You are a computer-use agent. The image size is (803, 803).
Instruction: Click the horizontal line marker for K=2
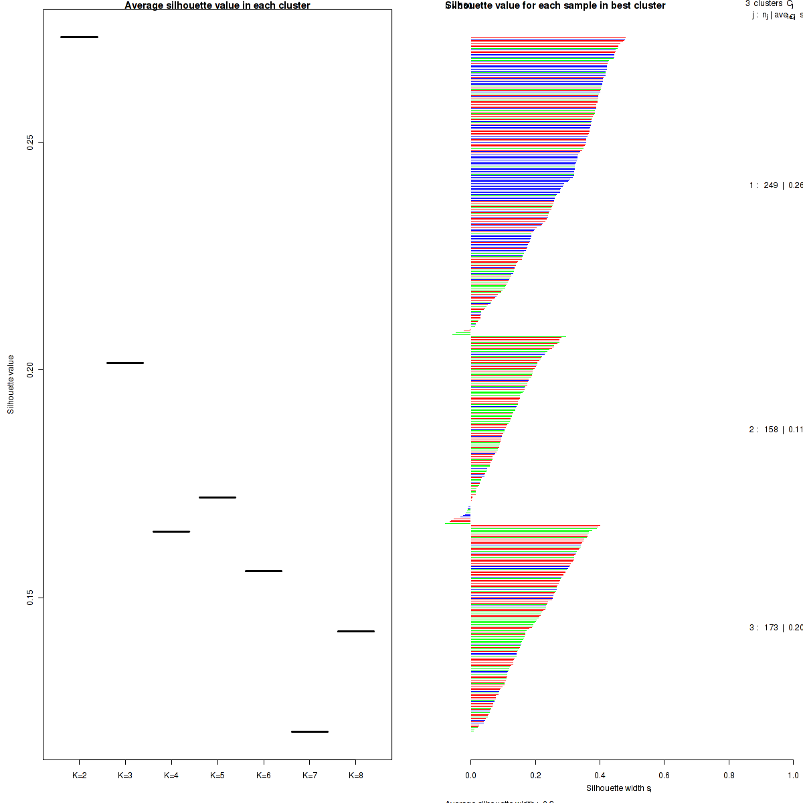[x=79, y=37]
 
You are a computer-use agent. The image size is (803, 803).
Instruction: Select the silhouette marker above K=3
[x=125, y=363]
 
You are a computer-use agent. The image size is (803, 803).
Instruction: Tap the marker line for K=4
[x=171, y=531]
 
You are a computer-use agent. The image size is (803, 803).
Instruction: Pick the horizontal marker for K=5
[x=217, y=497]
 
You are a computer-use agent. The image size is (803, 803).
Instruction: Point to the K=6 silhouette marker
[x=264, y=571]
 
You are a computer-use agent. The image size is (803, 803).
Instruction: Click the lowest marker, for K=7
[x=310, y=731]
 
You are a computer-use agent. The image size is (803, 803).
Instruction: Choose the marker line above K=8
[x=356, y=631]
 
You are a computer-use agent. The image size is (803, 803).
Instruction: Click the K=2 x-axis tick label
[x=79, y=776]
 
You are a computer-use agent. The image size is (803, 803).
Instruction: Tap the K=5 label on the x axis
[x=217, y=776]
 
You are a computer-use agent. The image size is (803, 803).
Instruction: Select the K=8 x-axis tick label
[x=356, y=776]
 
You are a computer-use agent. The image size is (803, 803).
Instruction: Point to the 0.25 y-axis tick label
[x=30, y=142]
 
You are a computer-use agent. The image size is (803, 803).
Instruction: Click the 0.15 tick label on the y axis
[x=30, y=597]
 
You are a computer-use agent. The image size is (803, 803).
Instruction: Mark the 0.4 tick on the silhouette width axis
[x=600, y=776]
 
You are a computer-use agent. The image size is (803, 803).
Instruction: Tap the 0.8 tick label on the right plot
[x=729, y=776]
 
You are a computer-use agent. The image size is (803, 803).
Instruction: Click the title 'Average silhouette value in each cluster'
[x=217, y=5]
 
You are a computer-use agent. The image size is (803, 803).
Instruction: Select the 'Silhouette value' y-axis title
[x=11, y=384]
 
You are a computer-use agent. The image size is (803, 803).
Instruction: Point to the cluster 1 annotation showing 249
[x=775, y=185]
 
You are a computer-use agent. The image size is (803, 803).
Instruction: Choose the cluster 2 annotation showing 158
[x=775, y=430]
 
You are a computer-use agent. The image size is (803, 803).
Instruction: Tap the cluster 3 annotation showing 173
[x=775, y=628]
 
